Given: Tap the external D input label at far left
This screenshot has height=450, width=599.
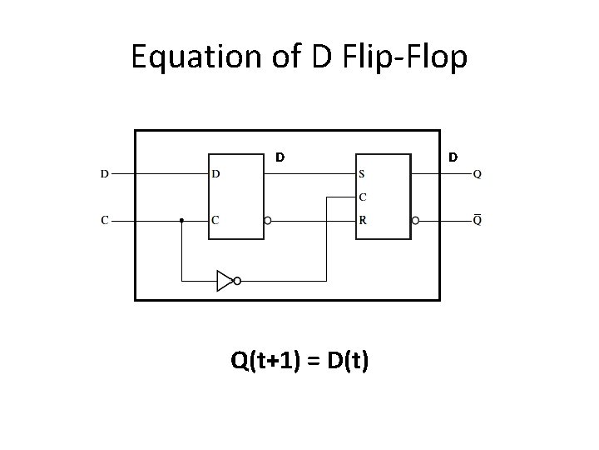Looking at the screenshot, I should tap(104, 174).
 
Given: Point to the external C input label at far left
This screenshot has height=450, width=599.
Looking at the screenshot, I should tap(104, 221).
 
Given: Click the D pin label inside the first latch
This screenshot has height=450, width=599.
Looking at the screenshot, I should tap(216, 174).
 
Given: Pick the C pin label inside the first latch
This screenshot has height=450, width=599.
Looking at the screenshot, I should tap(216, 221).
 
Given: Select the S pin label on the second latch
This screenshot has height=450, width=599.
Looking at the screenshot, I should tap(362, 174).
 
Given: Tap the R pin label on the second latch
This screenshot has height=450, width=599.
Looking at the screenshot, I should tap(362, 221).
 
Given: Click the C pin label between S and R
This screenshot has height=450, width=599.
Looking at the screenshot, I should tap(362, 197).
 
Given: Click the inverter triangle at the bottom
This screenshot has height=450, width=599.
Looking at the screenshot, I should tap(225, 281).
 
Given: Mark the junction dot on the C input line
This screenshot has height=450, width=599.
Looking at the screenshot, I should tap(181, 221).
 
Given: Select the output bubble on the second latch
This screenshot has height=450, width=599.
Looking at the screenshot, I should tap(415, 221).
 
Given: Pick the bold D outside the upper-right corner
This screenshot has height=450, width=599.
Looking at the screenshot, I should tap(453, 156).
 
